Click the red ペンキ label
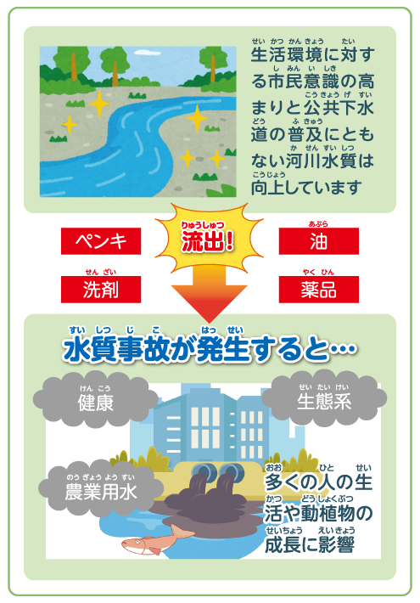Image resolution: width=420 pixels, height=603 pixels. [x=101, y=241]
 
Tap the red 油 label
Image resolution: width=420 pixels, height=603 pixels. [x=318, y=241]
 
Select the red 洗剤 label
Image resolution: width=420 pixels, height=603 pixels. [x=101, y=290]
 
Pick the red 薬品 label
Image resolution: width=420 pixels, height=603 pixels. [x=318, y=290]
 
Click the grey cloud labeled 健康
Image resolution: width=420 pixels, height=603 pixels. [x=95, y=399]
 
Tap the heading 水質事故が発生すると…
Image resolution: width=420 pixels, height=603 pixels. [x=210, y=349]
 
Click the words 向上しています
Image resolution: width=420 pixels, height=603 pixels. [x=306, y=188]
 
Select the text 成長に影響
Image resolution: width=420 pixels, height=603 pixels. [x=310, y=544]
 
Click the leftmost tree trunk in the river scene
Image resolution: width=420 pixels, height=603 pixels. [x=73, y=66]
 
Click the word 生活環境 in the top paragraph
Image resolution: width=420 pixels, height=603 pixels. [x=286, y=54]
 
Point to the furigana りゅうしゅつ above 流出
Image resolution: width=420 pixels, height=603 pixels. [x=203, y=225]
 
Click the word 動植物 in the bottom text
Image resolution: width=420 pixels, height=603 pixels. [x=328, y=513]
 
